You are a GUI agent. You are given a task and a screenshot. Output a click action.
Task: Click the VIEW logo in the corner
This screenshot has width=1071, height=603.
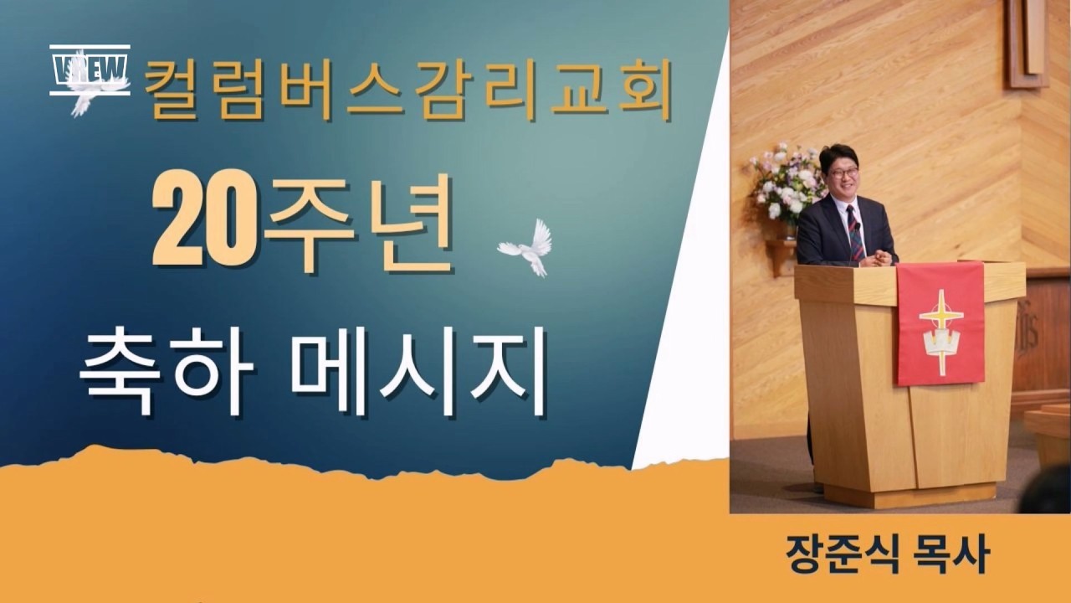pyautogui.click(x=90, y=70)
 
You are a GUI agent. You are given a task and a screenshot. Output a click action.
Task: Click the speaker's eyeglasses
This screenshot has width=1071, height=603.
pyautogui.click(x=843, y=173)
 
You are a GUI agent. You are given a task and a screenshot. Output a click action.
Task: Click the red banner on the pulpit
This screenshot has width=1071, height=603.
pyautogui.click(x=940, y=323)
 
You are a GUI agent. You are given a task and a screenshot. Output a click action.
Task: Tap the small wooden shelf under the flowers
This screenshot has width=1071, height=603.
pyautogui.click(x=781, y=255)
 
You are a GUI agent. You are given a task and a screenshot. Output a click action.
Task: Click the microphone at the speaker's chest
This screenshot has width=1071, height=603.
pyautogui.click(x=858, y=227)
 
